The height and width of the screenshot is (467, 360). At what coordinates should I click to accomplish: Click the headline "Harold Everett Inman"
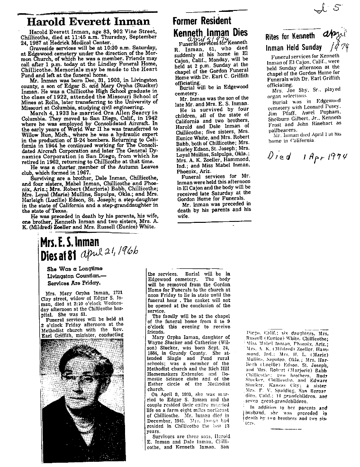point(88,21)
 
